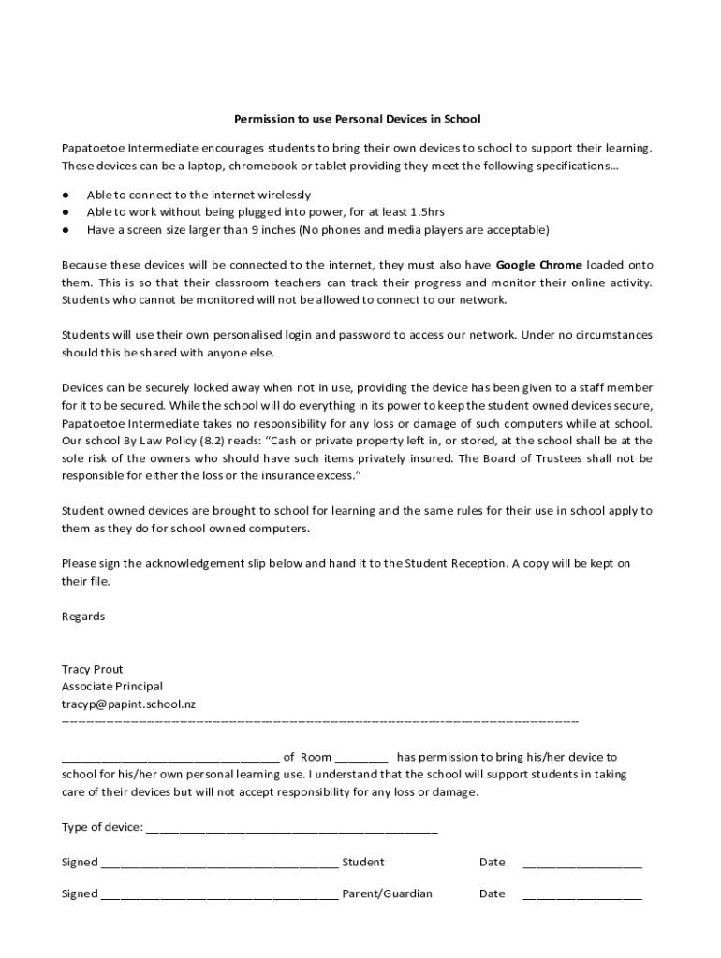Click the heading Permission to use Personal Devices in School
357,120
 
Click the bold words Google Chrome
538,265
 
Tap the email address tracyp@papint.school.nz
128,704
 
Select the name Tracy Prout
92,669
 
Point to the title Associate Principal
111,687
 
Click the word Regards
83,617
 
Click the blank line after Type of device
291,829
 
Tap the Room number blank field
361,759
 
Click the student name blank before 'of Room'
169,759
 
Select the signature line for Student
219,864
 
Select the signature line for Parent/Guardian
219,895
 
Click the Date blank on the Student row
581,864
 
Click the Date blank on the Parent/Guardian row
581,895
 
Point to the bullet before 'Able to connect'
66,196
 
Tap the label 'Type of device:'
102,827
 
